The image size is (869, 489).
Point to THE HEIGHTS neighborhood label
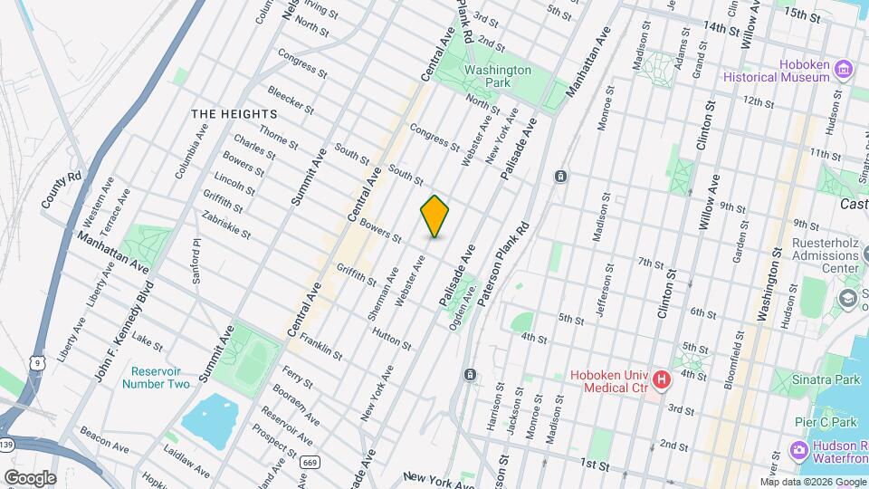[234, 114]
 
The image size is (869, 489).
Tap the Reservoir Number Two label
[160, 378]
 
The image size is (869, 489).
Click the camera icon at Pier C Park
[798, 450]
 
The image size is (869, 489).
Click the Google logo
[30, 477]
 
